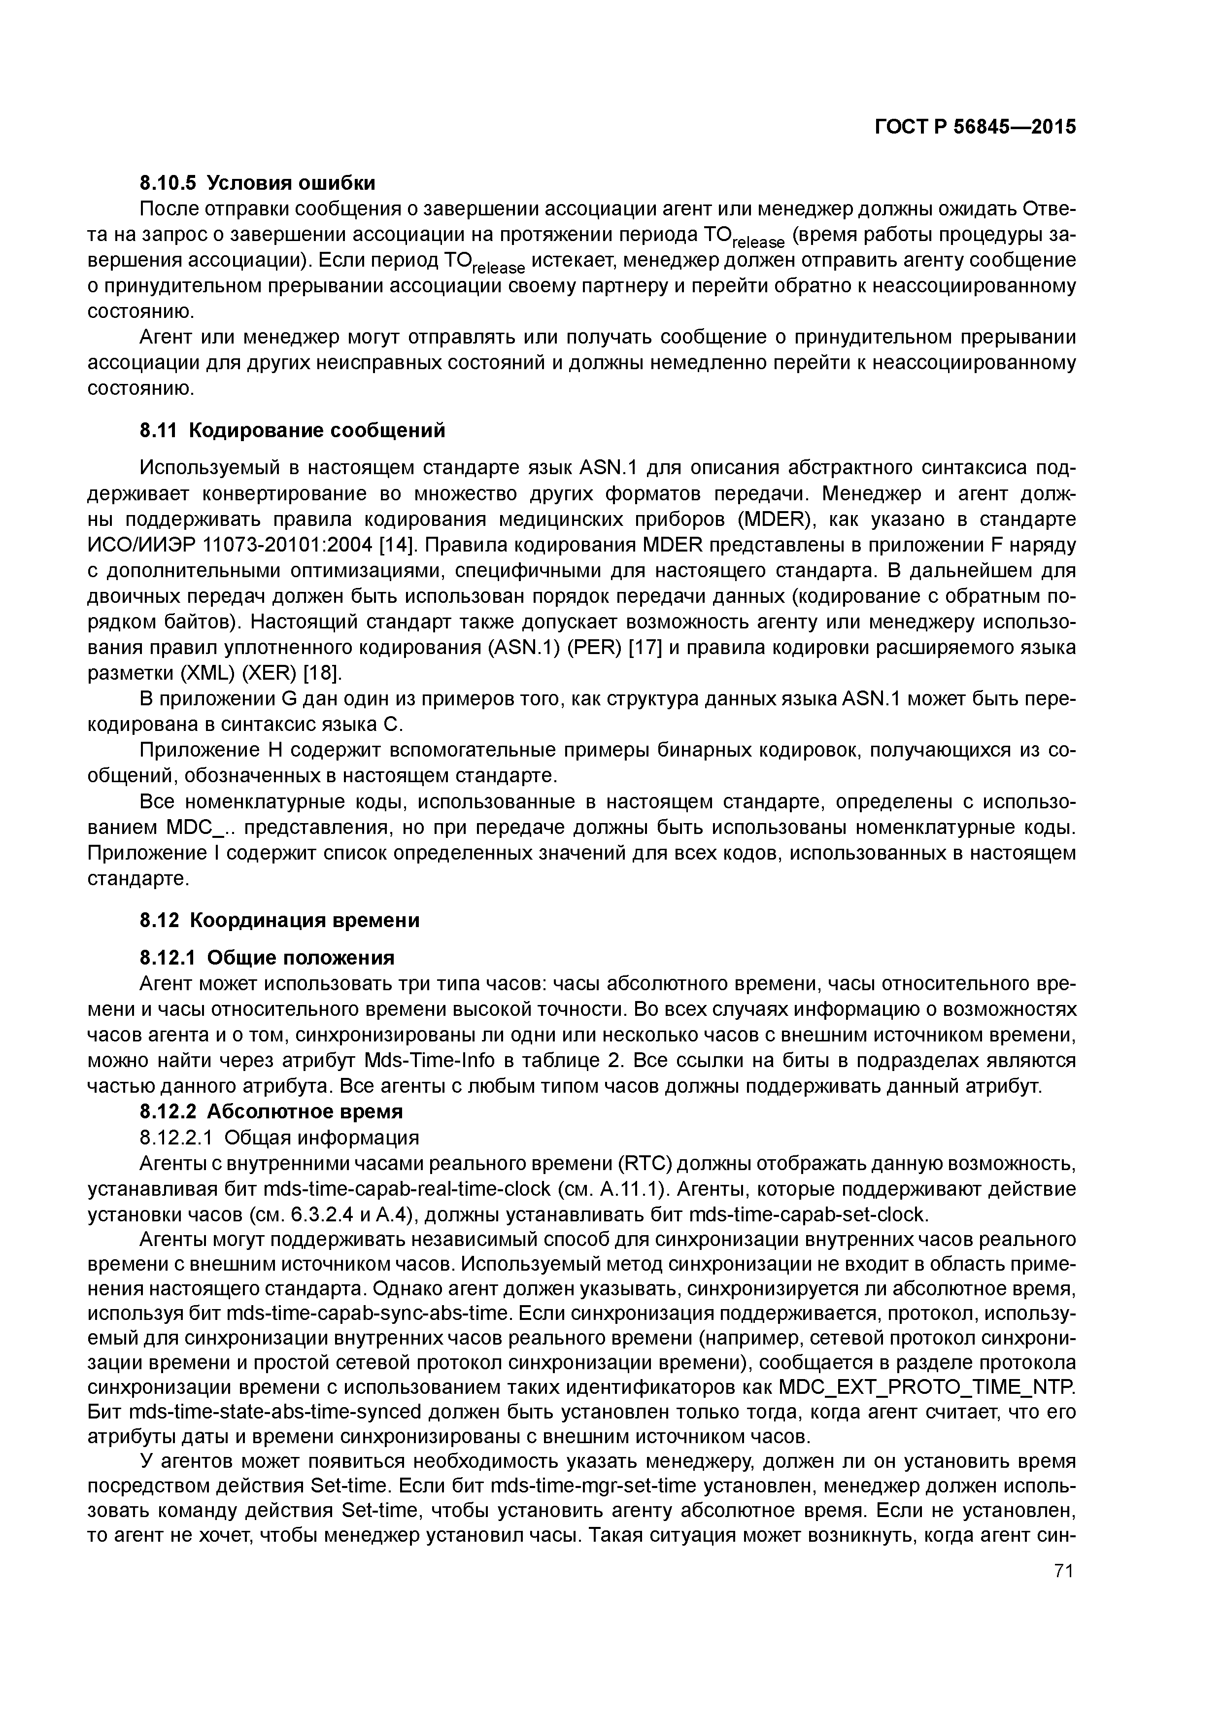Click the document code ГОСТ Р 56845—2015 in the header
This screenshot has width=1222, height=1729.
[975, 127]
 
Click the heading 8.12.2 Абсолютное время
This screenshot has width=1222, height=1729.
[271, 1111]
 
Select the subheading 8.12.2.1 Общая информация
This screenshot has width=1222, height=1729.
[279, 1137]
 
